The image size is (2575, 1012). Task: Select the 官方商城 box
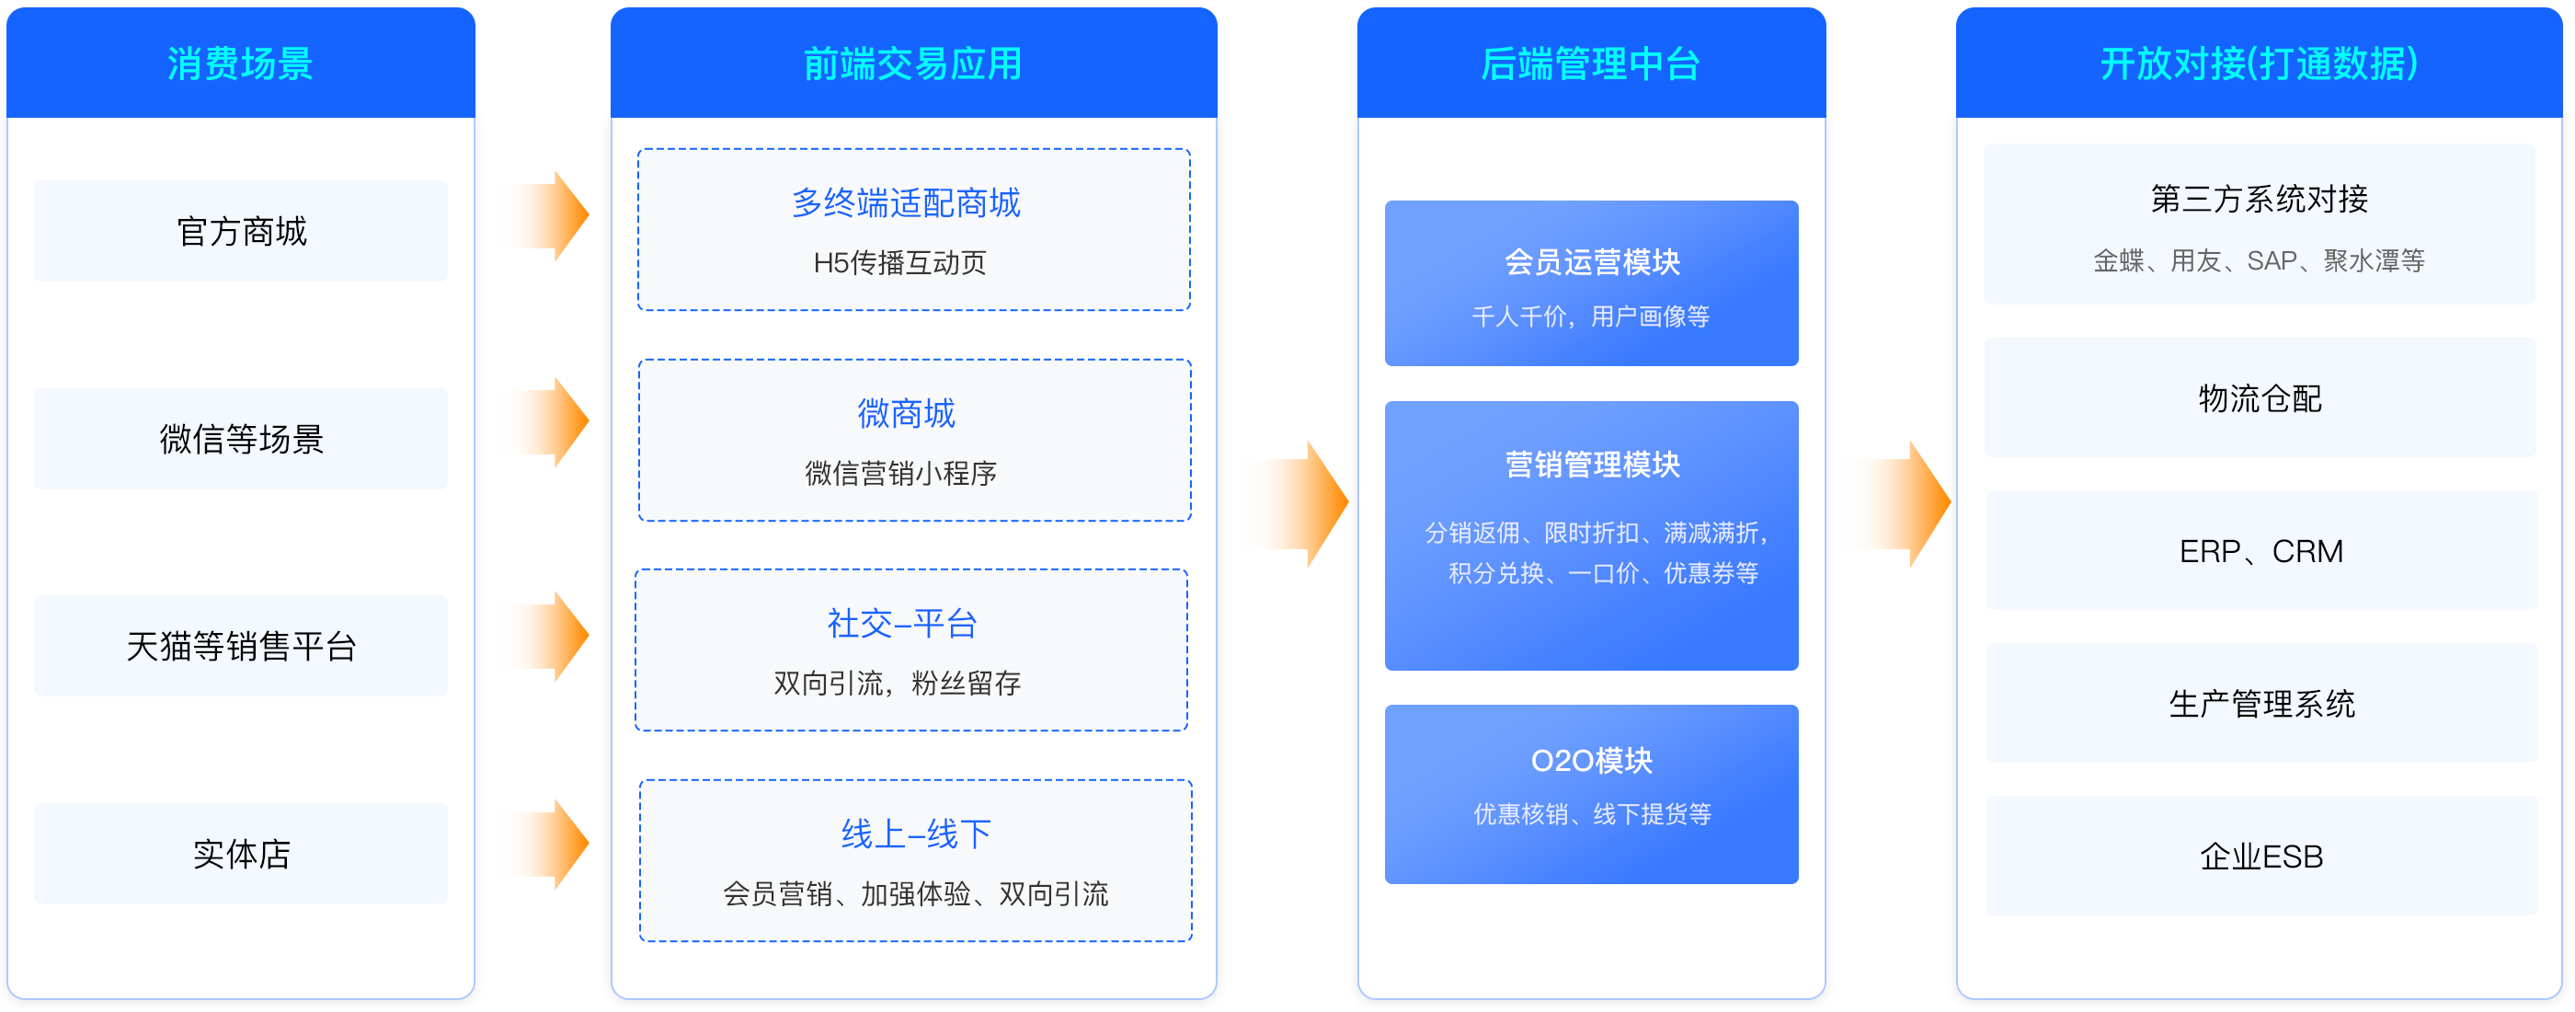coord(241,231)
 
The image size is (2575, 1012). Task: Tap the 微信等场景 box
coord(241,439)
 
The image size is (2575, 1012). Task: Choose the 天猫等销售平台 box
coord(241,646)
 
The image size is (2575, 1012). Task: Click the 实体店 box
coord(241,854)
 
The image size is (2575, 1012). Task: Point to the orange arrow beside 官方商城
coord(555,215)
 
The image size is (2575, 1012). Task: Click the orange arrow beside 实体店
coord(555,844)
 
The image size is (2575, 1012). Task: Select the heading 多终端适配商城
coord(906,203)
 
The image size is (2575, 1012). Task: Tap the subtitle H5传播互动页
coord(899,263)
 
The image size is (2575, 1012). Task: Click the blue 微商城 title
coord(906,413)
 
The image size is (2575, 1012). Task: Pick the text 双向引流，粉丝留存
coord(898,683)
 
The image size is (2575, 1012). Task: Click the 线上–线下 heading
coord(916,833)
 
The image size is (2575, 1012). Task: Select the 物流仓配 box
coord(2260,398)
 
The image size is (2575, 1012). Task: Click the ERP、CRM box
coord(2261,551)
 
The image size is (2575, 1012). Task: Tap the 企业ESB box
coord(2261,856)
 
